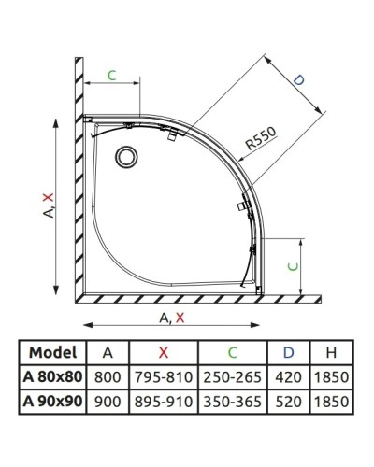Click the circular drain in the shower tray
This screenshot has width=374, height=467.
(x=125, y=156)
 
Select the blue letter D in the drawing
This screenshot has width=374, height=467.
(x=298, y=81)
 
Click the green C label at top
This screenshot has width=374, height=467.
(x=111, y=76)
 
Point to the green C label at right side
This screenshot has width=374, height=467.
(x=294, y=265)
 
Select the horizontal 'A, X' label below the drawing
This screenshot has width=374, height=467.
(x=170, y=318)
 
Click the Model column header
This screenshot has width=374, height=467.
(x=53, y=353)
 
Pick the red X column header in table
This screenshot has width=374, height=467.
(x=163, y=353)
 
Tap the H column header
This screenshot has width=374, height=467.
(x=331, y=353)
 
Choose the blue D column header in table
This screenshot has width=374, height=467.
(x=286, y=353)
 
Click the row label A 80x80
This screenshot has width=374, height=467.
(x=53, y=377)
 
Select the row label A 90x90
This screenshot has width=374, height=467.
(x=53, y=402)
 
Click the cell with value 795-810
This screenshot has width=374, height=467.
(x=163, y=377)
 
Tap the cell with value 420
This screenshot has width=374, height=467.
(x=286, y=377)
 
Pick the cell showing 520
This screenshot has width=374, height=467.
(x=286, y=402)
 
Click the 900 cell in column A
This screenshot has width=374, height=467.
(x=108, y=402)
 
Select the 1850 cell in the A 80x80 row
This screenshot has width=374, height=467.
(x=331, y=377)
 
